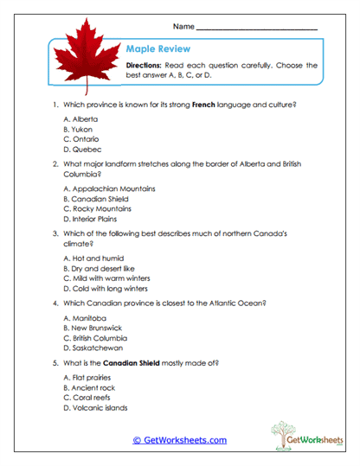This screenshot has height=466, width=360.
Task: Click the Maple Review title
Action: pos(157,49)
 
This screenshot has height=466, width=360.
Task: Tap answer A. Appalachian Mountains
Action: pos(110,188)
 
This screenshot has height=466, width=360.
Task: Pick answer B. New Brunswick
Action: pos(97,329)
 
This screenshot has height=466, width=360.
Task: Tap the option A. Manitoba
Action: pos(86,318)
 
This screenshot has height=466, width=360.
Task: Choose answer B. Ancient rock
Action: pos(90,388)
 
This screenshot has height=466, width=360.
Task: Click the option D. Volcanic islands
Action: pos(96,408)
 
